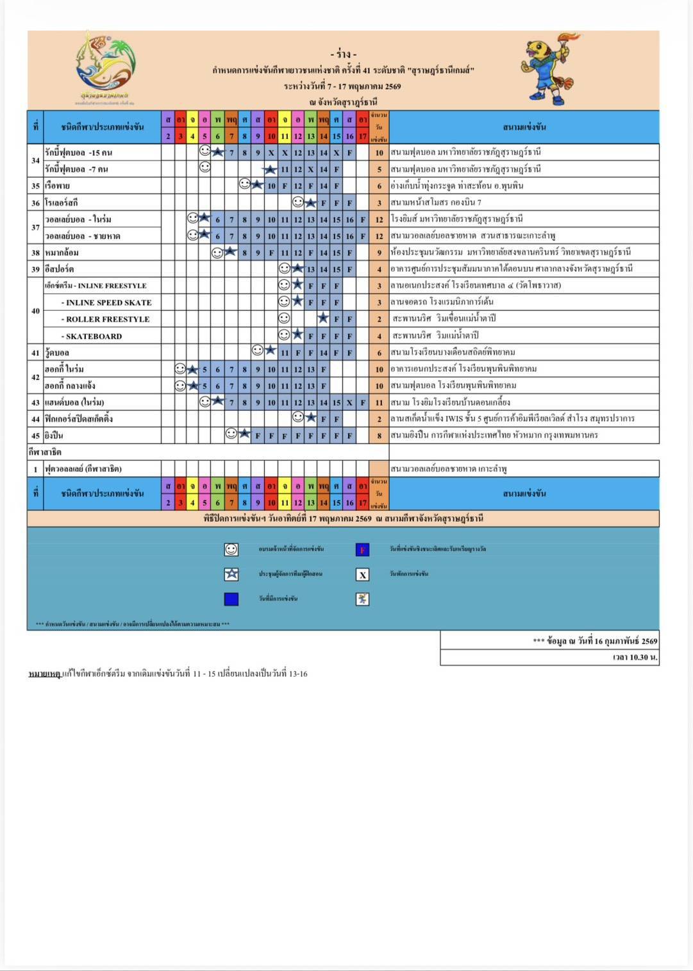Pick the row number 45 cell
coord(36,436)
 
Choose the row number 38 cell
coord(36,253)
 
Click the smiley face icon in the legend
coord(231,549)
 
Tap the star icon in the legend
coord(231,574)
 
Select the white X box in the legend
coord(363,574)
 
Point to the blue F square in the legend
coord(362,549)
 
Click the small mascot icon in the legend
coord(363,599)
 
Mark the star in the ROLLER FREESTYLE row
coord(323,319)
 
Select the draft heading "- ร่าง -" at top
coord(344,54)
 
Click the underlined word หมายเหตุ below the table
coord(45,674)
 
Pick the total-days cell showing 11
coord(379,403)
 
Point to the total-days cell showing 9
coord(379,253)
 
